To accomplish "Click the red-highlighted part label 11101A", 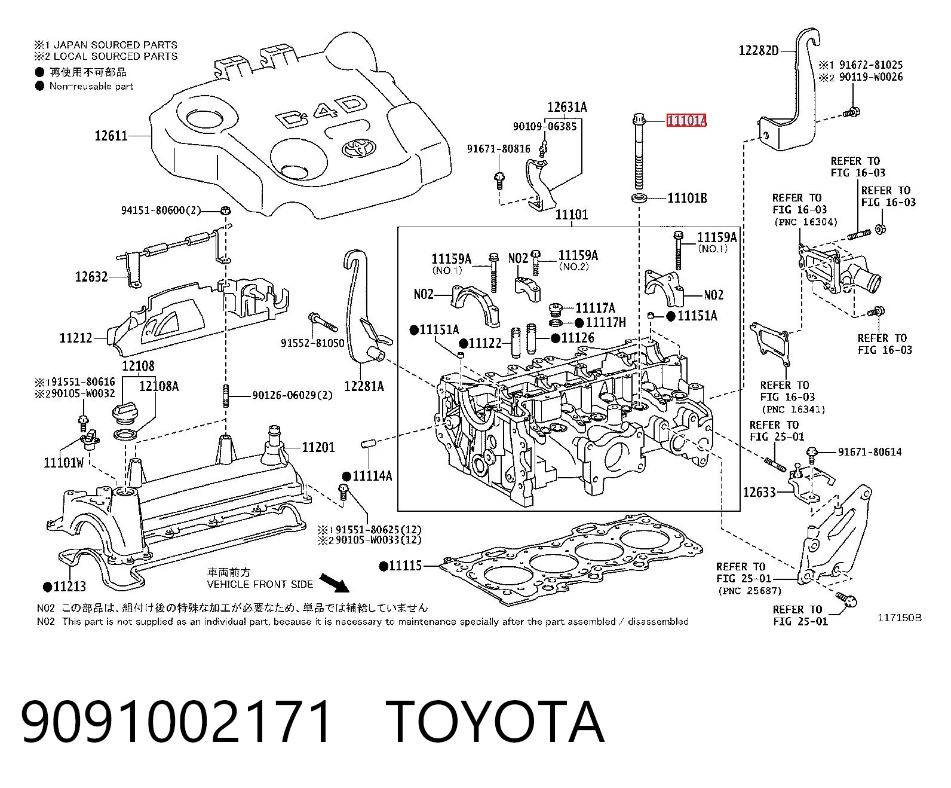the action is pos(686,120).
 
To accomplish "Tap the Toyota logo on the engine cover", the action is pos(358,148).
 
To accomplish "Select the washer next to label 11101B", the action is pos(639,198).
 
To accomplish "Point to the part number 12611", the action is pos(111,136).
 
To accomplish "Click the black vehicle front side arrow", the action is pos(334,583).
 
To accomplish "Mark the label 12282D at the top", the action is pos(759,50).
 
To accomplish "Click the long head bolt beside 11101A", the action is pos(639,151).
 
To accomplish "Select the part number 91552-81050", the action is pos(312,343).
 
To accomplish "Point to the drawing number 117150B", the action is pos(900,618).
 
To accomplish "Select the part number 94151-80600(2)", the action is pos(161,210).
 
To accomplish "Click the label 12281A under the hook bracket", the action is pos(364,386).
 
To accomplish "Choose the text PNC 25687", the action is pos(750,591).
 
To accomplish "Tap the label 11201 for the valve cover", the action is pos(318,447).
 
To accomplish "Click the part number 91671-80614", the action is pos(870,452).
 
